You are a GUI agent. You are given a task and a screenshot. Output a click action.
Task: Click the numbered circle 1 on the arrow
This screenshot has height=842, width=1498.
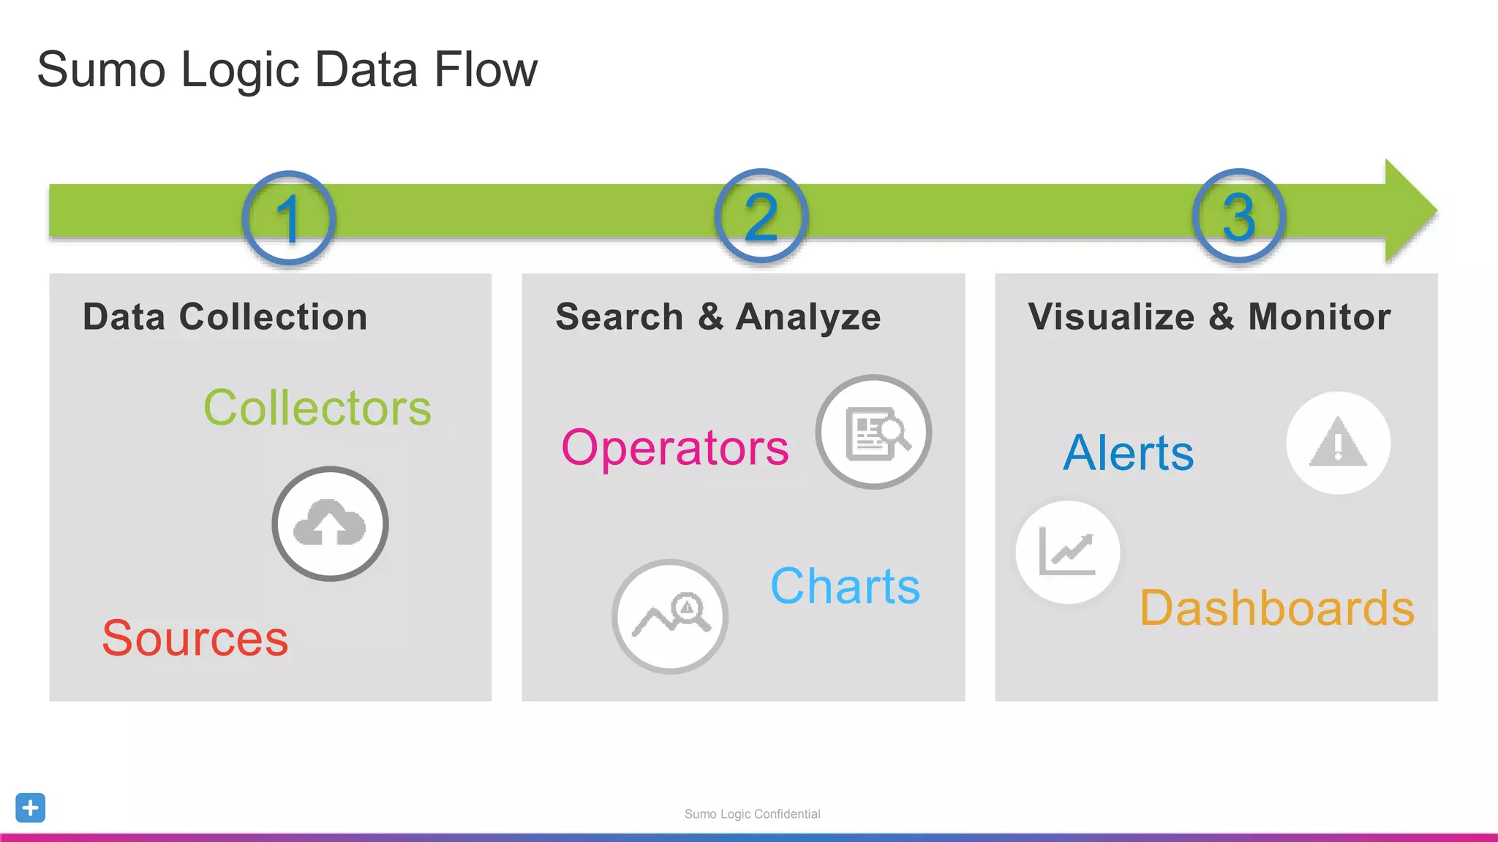289,218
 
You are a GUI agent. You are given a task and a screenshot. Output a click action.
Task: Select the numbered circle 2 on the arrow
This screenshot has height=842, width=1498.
761,216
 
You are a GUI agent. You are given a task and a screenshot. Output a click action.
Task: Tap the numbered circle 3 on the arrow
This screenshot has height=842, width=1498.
1238,216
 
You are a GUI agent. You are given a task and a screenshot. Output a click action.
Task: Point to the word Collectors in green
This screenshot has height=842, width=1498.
317,408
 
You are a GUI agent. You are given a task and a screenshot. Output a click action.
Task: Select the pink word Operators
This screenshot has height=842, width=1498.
675,448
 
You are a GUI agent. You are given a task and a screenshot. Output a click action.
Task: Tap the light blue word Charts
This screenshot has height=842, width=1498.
845,586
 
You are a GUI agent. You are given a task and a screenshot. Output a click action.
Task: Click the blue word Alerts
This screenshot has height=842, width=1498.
1128,453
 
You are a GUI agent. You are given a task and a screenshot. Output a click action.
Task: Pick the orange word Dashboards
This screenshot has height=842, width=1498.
1277,608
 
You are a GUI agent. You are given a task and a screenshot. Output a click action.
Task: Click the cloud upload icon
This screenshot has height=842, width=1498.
330,524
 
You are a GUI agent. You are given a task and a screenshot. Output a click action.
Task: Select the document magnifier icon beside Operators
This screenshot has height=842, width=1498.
873,433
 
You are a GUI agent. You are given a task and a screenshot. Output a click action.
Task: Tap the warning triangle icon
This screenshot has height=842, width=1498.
1338,443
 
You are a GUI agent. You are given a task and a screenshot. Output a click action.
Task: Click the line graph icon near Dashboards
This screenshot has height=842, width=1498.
1067,552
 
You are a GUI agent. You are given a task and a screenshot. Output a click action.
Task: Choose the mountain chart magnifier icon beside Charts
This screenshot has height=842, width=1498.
670,617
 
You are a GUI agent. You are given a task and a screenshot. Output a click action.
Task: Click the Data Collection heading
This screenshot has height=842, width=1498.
225,317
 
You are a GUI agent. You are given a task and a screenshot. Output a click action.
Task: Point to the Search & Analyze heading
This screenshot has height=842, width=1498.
718,317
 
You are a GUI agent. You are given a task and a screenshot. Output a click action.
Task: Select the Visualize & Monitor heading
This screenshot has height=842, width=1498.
1209,317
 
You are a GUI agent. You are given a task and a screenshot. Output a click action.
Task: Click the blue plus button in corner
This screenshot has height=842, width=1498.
30,808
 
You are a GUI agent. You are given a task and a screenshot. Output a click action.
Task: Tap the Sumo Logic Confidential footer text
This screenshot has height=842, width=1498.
752,814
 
